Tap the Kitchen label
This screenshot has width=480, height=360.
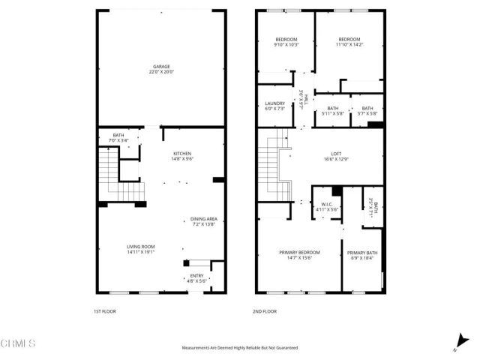click(182, 156)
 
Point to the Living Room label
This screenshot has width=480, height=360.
click(140, 249)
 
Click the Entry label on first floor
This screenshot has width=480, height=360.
click(196, 278)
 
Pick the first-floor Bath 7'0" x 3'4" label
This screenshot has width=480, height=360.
click(118, 137)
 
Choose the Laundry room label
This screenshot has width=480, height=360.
click(275, 106)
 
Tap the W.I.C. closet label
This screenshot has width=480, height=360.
click(327, 206)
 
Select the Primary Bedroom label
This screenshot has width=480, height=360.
click(299, 254)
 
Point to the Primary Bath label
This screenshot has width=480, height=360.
click(361, 255)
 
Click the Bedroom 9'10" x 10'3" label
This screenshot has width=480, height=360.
click(286, 42)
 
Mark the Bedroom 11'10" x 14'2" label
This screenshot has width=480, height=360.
click(349, 42)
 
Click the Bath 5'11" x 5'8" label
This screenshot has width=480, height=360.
click(332, 111)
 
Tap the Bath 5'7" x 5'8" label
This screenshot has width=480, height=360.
click(367, 111)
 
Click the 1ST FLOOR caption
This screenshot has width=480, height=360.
click(106, 310)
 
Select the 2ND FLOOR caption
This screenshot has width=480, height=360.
click(266, 310)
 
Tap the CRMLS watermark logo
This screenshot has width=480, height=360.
click(18, 343)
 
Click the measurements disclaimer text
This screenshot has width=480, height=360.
click(240, 348)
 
